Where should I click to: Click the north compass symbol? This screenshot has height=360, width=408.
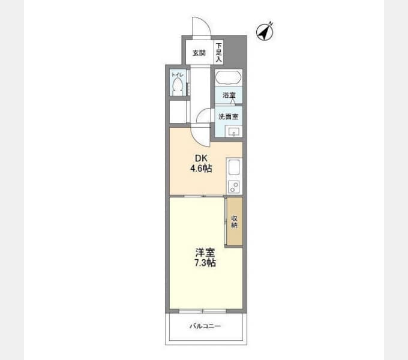pyautogui.click(x=265, y=31)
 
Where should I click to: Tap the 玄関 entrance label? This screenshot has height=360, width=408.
pyautogui.click(x=199, y=53)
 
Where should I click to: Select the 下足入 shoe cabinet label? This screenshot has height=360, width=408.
pyautogui.click(x=218, y=52)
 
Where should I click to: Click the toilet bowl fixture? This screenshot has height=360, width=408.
pyautogui.click(x=178, y=88)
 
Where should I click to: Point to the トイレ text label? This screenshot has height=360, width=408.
pyautogui.click(x=178, y=75)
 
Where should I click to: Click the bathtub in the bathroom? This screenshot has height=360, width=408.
pyautogui.click(x=229, y=77)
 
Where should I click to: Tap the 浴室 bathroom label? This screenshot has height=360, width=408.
pyautogui.click(x=229, y=95)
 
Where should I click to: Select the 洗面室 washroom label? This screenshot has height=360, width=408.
pyautogui.click(x=229, y=116)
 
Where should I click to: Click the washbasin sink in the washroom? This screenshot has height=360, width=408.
pyautogui.click(x=233, y=131)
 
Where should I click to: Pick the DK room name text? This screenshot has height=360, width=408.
pyautogui.click(x=201, y=158)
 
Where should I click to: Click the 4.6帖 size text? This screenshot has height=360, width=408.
pyautogui.click(x=201, y=168)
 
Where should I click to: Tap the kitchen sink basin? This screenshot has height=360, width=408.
pyautogui.click(x=233, y=168)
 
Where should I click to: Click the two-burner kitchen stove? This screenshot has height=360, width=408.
pyautogui.click(x=233, y=187)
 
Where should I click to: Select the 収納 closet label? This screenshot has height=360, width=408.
pyautogui.click(x=234, y=221)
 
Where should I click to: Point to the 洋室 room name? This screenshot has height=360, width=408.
pyautogui.click(x=205, y=253)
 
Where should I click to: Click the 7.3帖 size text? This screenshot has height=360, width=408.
pyautogui.click(x=205, y=263)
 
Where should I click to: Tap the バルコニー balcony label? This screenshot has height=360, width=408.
pyautogui.click(x=205, y=326)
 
